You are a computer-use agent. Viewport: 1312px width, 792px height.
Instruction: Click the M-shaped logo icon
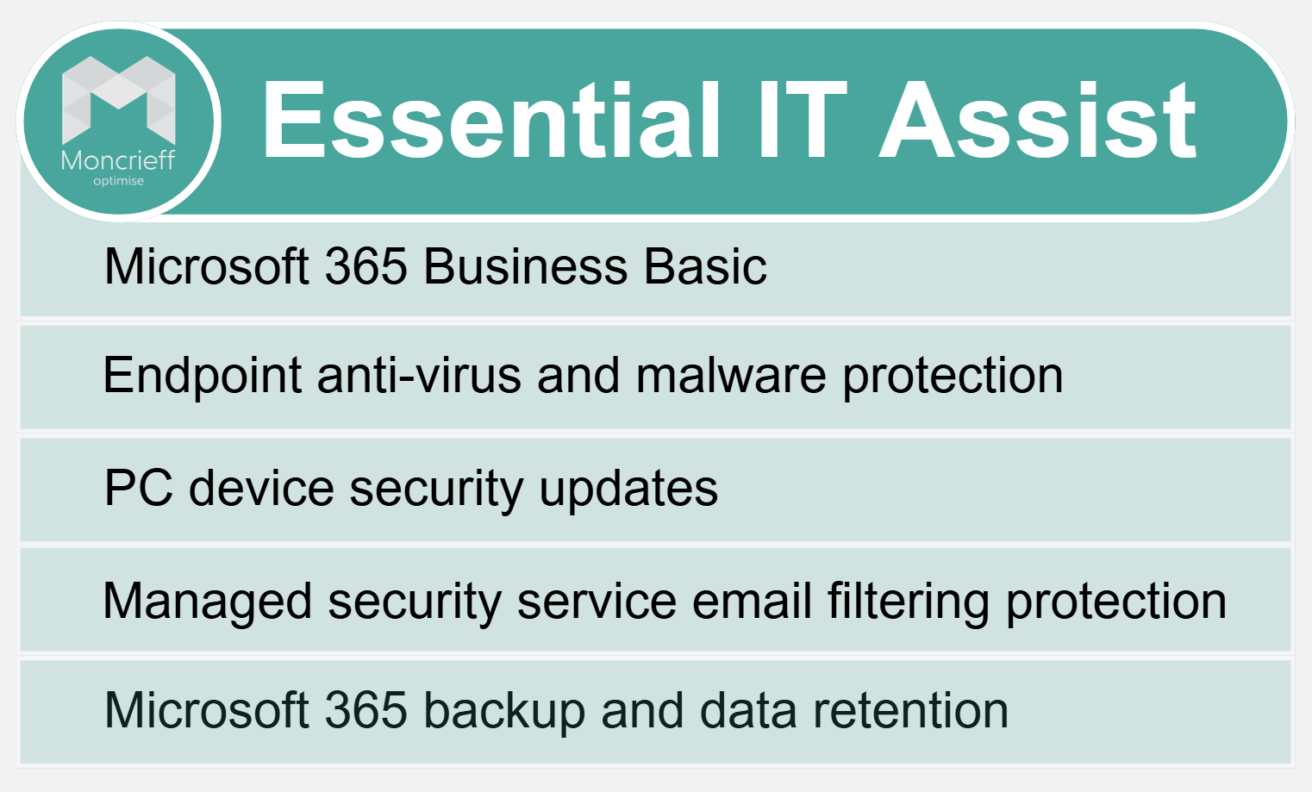click(x=119, y=100)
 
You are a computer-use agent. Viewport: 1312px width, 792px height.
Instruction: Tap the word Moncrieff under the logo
click(x=118, y=160)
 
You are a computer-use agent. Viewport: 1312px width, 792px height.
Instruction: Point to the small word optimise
click(x=118, y=182)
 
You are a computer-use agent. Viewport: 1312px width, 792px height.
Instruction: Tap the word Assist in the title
click(x=1037, y=120)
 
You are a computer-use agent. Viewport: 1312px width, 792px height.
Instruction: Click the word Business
click(x=525, y=266)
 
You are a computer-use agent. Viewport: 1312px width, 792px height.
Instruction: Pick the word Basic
click(x=705, y=266)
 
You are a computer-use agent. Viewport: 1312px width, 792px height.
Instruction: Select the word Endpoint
click(x=202, y=377)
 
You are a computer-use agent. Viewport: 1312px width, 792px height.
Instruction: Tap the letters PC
click(x=139, y=488)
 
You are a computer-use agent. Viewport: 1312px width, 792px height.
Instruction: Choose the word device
click(x=261, y=488)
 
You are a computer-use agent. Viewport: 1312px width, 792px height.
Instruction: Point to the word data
click(x=748, y=710)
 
